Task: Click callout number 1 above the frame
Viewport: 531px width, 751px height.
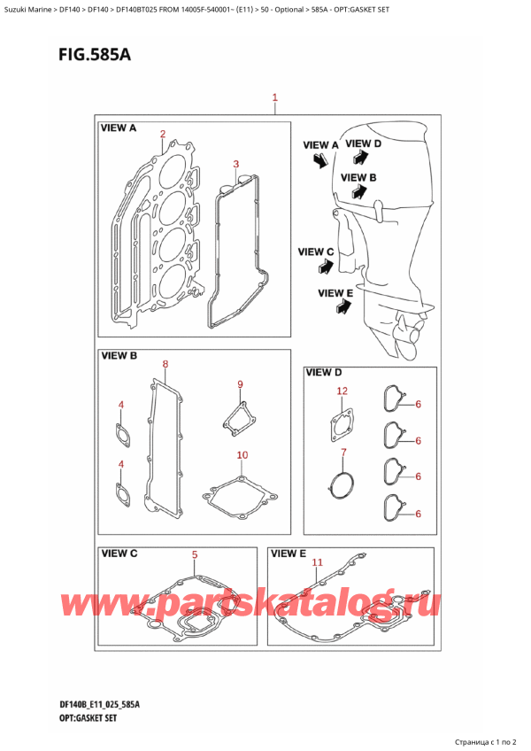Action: [x=275, y=97]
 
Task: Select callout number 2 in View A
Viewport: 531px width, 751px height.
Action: [x=162, y=135]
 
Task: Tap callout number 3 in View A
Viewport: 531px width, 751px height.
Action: [x=235, y=164]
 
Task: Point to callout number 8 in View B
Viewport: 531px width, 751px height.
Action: [x=165, y=364]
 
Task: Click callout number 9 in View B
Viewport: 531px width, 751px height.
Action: [x=239, y=383]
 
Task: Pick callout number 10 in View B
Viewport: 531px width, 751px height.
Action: [x=242, y=455]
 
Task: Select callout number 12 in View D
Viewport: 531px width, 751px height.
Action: [x=342, y=391]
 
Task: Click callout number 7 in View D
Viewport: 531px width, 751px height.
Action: [x=342, y=453]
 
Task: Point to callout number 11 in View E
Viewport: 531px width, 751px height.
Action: [x=318, y=562]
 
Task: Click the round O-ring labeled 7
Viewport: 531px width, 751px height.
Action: [x=341, y=484]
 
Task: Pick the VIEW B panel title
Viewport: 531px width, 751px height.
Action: [x=119, y=357]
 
